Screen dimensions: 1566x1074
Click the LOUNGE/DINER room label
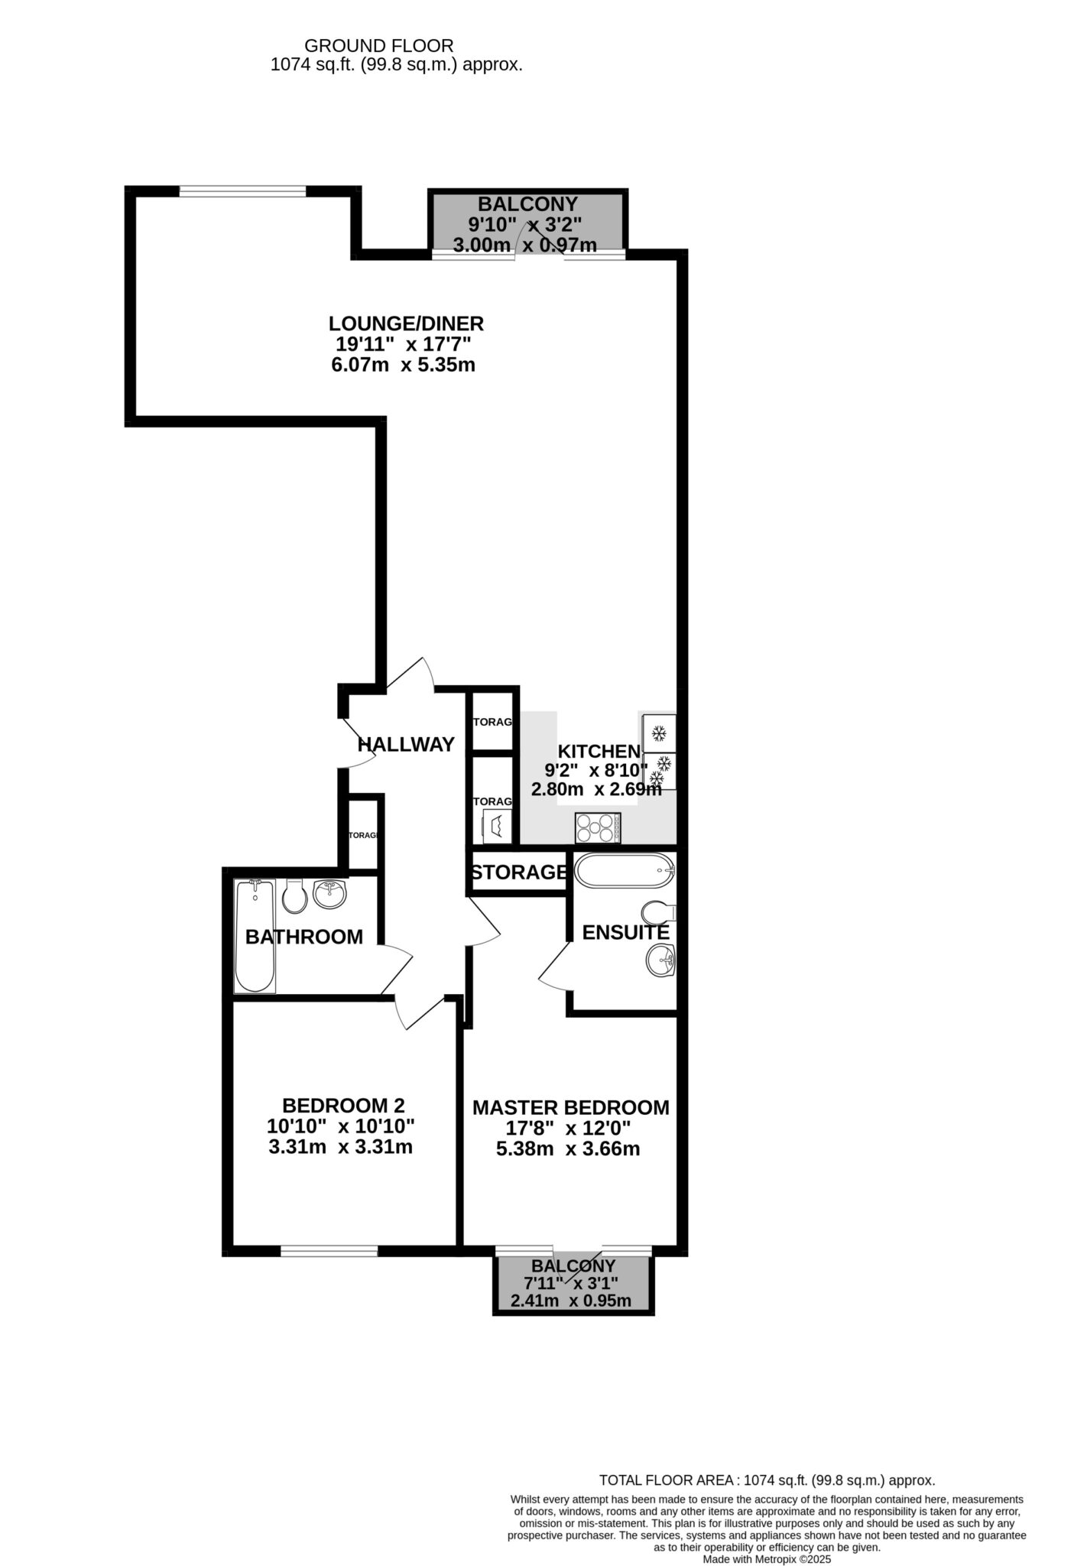(x=406, y=323)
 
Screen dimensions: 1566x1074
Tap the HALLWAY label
(x=406, y=744)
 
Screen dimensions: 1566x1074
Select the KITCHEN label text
(x=599, y=751)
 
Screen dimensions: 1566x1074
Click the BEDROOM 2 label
(x=343, y=1106)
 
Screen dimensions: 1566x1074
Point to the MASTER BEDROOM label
(x=570, y=1107)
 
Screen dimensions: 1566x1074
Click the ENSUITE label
(x=625, y=932)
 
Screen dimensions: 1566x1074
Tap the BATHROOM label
(x=303, y=937)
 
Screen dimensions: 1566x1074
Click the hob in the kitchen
(x=597, y=828)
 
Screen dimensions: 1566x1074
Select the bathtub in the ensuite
(x=624, y=870)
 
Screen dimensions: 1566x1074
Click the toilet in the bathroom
(x=294, y=895)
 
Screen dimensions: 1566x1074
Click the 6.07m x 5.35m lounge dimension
(x=403, y=365)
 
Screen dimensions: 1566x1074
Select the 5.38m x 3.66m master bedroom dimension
(x=568, y=1149)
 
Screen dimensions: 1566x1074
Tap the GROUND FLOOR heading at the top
(x=379, y=47)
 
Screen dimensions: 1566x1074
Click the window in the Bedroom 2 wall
(x=329, y=1251)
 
